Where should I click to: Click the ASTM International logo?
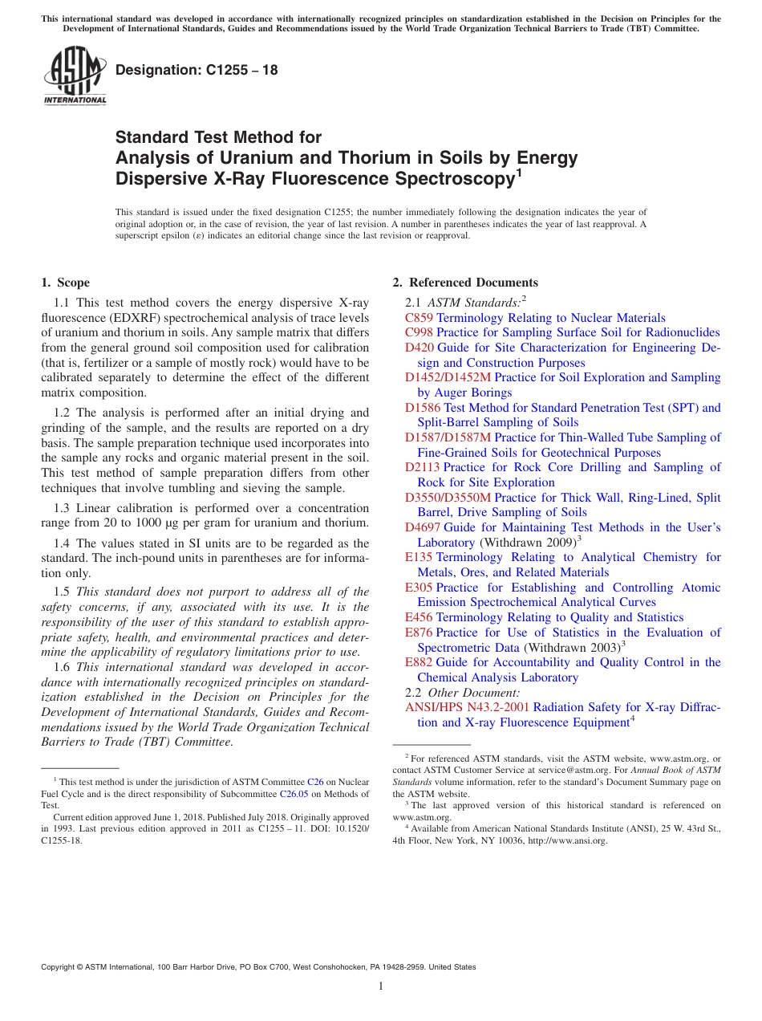click(x=75, y=75)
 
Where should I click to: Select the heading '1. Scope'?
click(x=66, y=283)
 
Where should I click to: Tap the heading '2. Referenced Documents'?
click(x=465, y=283)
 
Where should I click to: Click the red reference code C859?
click(x=420, y=318)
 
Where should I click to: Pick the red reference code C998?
click(x=420, y=332)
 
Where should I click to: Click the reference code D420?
click(x=420, y=348)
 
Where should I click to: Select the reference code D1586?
click(x=423, y=408)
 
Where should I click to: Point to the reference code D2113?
click(x=423, y=467)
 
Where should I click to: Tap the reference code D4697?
click(x=423, y=527)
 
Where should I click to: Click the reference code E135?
click(x=419, y=557)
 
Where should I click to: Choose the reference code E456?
click(x=419, y=617)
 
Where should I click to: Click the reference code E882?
click(x=419, y=662)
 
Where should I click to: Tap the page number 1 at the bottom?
click(x=381, y=986)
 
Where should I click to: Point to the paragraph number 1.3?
click(x=62, y=508)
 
